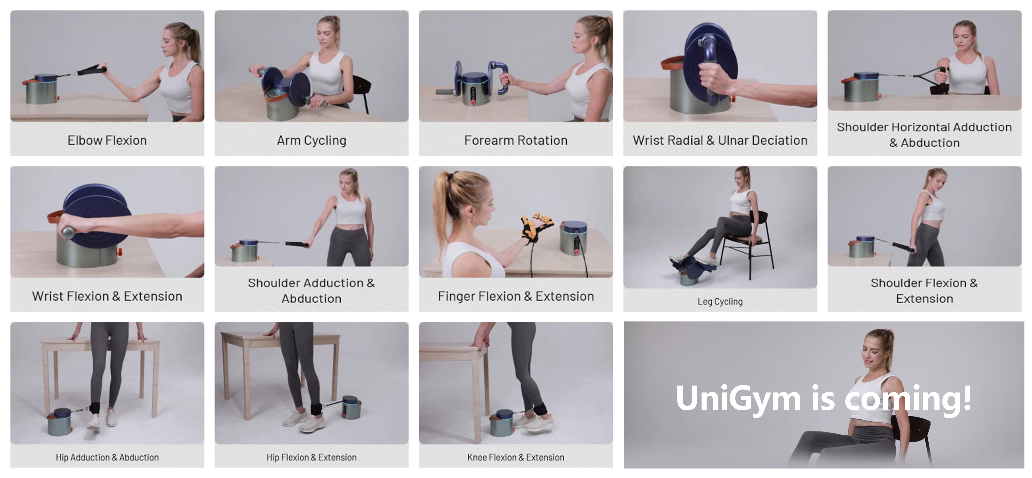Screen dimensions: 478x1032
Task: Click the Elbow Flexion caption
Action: click(x=107, y=140)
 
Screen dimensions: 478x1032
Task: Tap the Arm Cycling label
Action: click(x=311, y=140)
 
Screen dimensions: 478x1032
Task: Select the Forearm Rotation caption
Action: click(x=516, y=140)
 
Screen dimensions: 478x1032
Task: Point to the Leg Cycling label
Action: click(x=720, y=301)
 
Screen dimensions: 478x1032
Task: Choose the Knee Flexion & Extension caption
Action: click(x=516, y=457)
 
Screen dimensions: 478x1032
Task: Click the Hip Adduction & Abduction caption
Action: click(x=107, y=457)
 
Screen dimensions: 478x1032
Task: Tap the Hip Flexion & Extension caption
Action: click(x=311, y=457)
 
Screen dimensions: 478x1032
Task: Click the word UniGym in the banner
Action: click(x=738, y=399)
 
